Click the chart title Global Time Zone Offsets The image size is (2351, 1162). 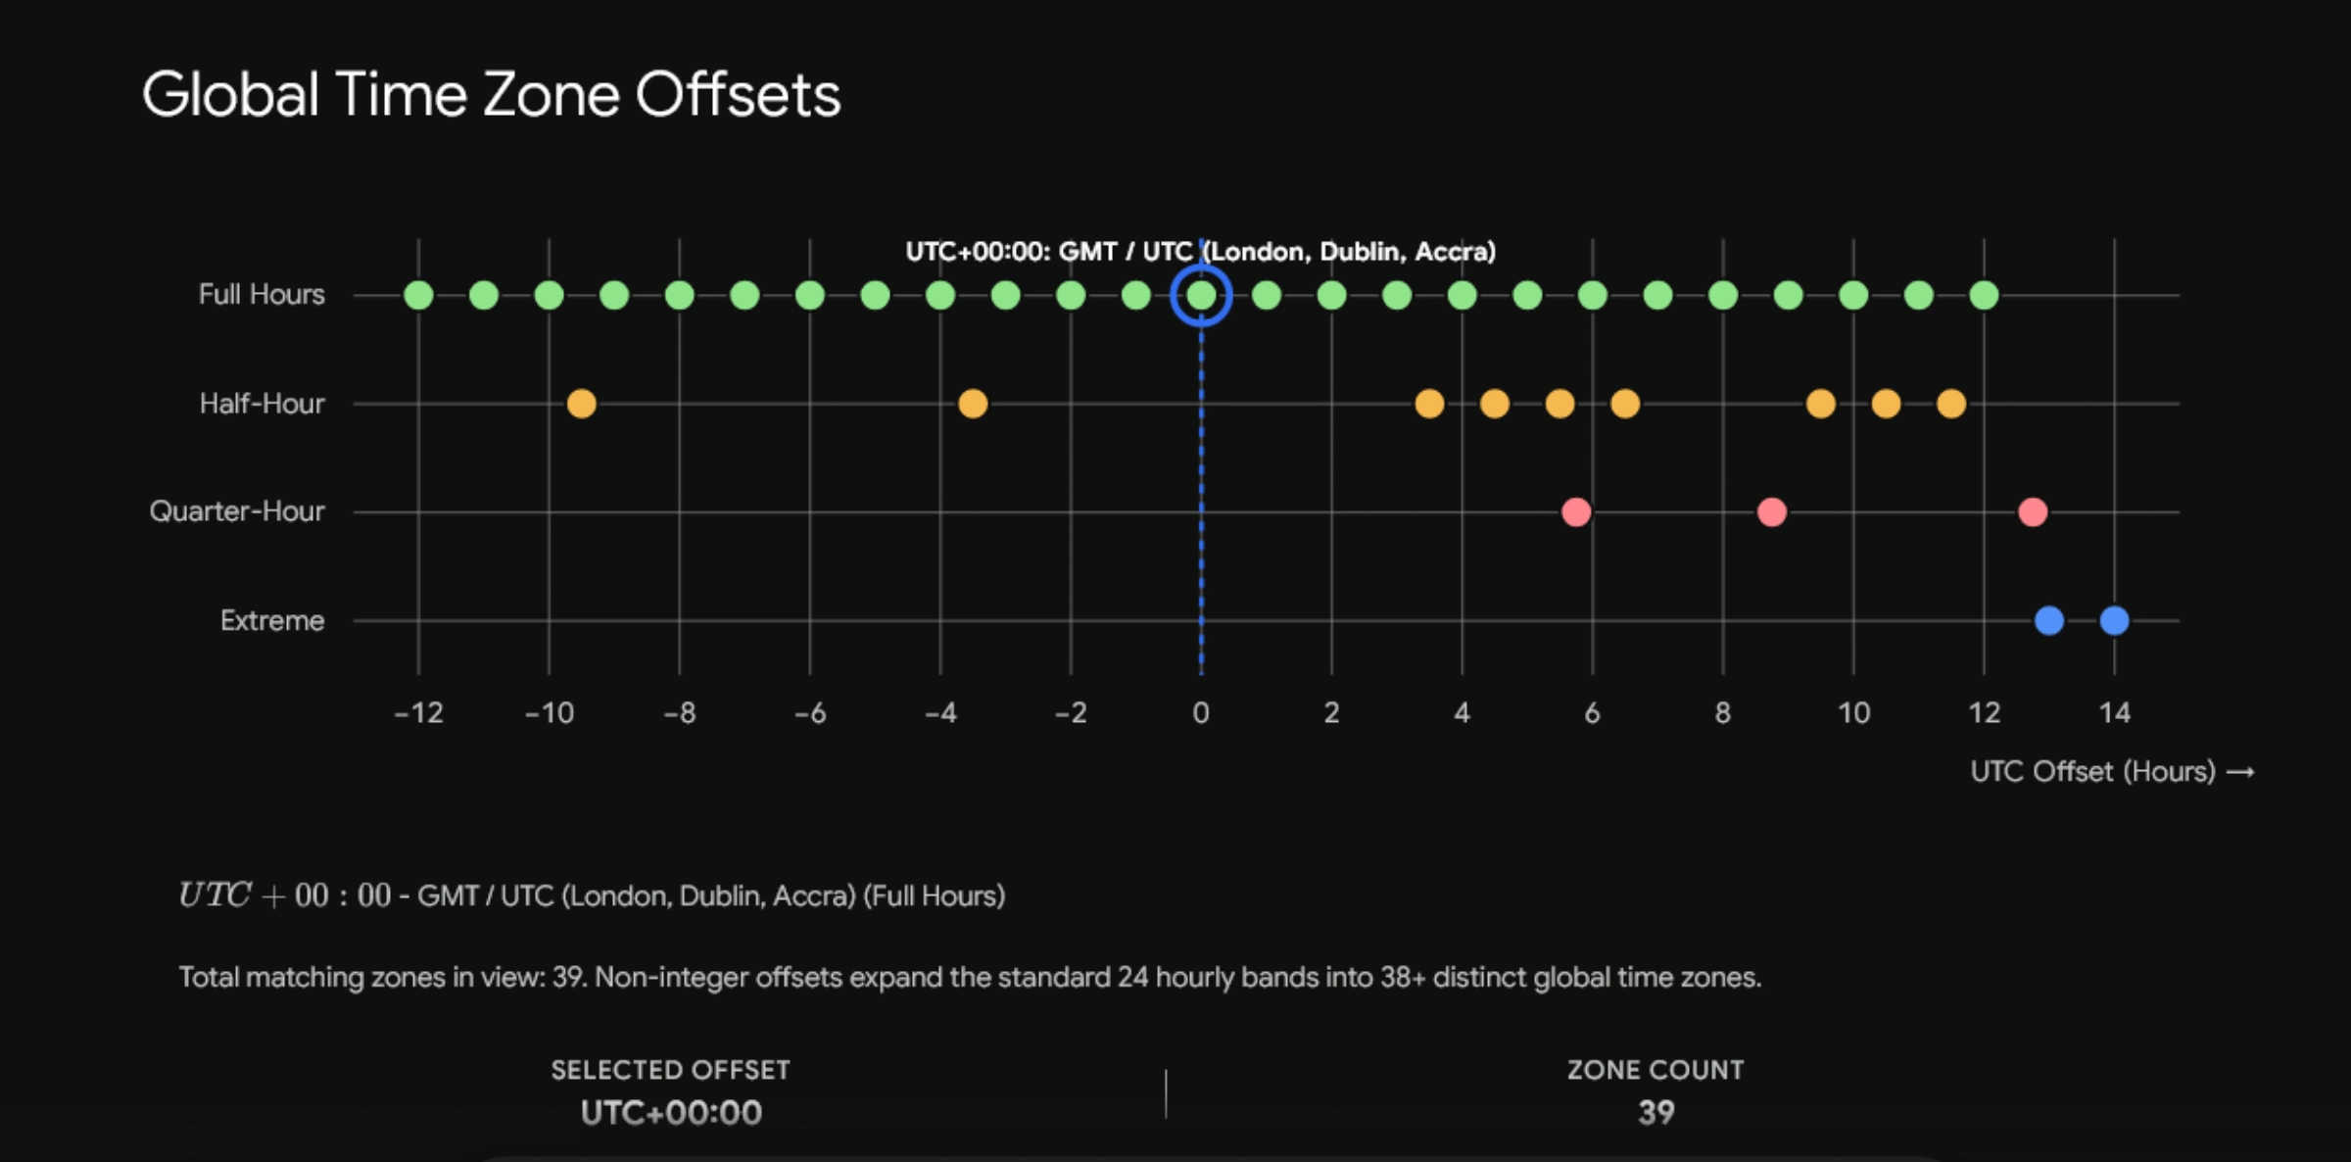click(491, 95)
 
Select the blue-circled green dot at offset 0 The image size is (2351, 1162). click(1201, 295)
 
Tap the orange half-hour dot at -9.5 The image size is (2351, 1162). click(581, 404)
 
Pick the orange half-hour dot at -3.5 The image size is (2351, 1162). click(973, 404)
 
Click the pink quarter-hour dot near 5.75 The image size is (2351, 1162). click(1576, 511)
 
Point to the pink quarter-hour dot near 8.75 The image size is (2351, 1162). click(1772, 511)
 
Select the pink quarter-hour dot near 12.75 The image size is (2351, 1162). click(2033, 511)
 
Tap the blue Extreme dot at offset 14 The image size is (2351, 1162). click(2114, 620)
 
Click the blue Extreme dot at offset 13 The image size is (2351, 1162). click(2049, 620)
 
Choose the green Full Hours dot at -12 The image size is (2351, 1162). click(418, 295)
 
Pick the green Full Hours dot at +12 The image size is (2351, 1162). click(1984, 295)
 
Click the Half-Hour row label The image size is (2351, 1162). click(262, 404)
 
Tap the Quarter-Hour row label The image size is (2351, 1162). click(237, 511)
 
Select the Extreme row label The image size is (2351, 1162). click(272, 620)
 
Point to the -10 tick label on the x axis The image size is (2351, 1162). click(550, 712)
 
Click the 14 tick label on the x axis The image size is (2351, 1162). click(2115, 712)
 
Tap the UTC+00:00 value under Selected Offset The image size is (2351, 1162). click(671, 1113)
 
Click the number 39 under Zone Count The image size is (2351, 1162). click(1656, 1113)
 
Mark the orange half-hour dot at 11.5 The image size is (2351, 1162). click(1951, 404)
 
